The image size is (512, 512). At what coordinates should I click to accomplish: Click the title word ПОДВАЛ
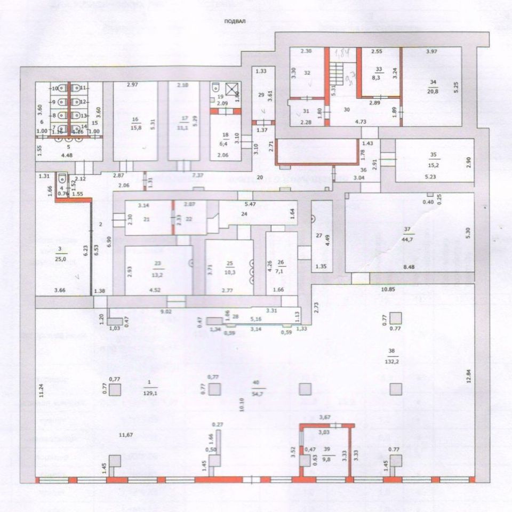(235, 22)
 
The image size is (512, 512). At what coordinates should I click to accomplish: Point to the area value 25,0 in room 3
(62, 259)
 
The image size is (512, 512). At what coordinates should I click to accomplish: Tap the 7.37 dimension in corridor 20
(198, 175)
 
